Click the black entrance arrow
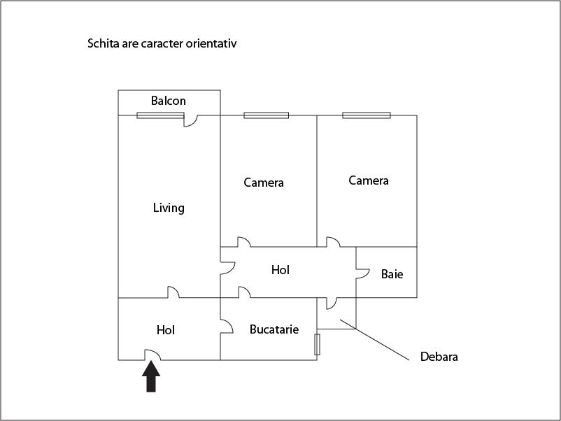click(x=151, y=376)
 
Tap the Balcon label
click(x=168, y=101)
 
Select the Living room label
click(x=169, y=208)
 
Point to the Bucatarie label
click(x=274, y=329)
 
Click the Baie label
click(x=392, y=274)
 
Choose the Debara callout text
click(x=439, y=357)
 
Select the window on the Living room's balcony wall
click(x=160, y=115)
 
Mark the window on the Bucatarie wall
click(x=317, y=345)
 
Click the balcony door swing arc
click(x=190, y=121)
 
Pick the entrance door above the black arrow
click(x=152, y=355)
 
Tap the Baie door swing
click(x=362, y=273)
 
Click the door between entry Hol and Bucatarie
click(x=227, y=326)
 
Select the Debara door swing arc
click(x=332, y=304)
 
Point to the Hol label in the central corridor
click(x=280, y=270)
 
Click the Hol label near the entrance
click(x=166, y=330)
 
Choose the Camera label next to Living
click(x=264, y=183)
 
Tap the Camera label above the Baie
click(x=369, y=180)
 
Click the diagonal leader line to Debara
click(x=374, y=340)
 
